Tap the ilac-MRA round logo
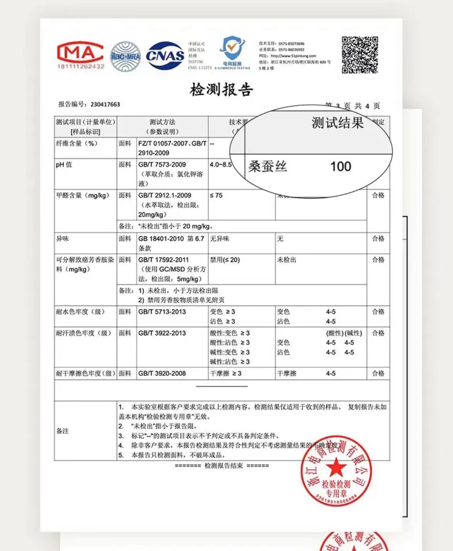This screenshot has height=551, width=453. (x=125, y=57)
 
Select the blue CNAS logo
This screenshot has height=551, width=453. (x=165, y=56)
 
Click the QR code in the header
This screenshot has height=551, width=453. (x=360, y=55)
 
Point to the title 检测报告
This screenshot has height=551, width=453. (x=221, y=90)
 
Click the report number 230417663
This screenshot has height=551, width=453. (x=105, y=104)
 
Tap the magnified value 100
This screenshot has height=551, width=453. (x=341, y=167)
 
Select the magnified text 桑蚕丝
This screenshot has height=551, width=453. (x=268, y=167)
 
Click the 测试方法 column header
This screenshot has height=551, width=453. (x=162, y=122)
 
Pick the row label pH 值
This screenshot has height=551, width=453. (x=64, y=165)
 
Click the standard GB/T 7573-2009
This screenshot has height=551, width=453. (x=162, y=165)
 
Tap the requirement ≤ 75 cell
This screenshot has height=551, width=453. (x=216, y=196)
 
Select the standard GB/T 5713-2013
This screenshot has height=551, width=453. (x=162, y=312)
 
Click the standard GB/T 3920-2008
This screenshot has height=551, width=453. (x=162, y=374)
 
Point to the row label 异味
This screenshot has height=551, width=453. (x=62, y=239)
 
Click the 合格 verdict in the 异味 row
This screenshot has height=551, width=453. (x=378, y=239)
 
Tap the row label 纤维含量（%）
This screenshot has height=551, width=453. (x=77, y=143)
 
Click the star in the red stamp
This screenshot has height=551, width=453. (x=336, y=467)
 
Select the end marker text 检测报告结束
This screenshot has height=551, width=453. (x=223, y=466)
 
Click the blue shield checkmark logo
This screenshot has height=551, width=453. (x=232, y=48)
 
